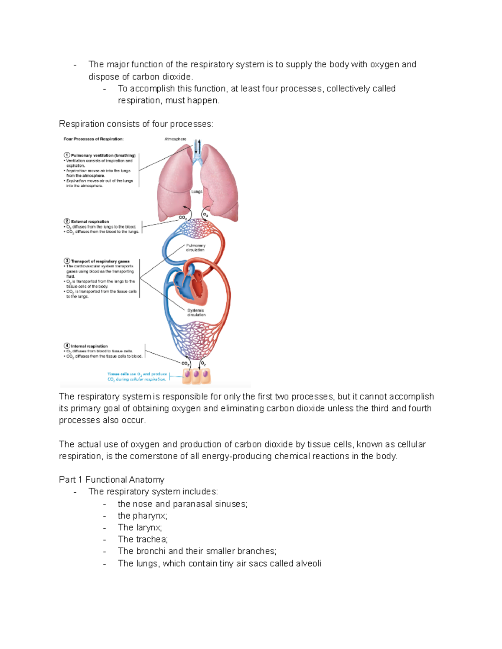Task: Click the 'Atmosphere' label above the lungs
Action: pos(175,139)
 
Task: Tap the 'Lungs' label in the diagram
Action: pos(197,191)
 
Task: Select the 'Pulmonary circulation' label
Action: pos(195,248)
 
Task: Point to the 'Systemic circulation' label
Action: pos(196,313)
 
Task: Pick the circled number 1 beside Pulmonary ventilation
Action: pos(67,155)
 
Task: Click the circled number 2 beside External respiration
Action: pos(67,221)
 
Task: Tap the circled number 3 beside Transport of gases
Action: pos(67,261)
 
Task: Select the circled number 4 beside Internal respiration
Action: pos(67,346)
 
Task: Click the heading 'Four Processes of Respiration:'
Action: pos(93,139)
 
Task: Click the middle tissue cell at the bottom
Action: pos(196,375)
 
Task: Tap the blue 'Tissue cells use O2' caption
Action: pos(137,377)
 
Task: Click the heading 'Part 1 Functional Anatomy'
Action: pos(111,480)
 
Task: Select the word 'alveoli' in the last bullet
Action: pos(308,563)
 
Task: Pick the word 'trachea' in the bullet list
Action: pos(151,540)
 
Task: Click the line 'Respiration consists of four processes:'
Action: pos(136,124)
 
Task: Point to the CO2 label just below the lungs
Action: pos(182,218)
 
